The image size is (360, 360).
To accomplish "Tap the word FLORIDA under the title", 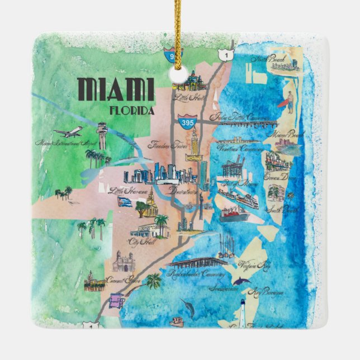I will [x=132, y=110].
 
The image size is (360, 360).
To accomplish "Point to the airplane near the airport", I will [x=68, y=132].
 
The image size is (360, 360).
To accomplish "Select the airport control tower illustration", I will [x=101, y=136].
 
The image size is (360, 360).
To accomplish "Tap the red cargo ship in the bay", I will [x=233, y=214].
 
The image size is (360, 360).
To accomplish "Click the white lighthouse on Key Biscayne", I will [x=244, y=309].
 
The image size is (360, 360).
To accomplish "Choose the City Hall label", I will [x=140, y=241].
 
